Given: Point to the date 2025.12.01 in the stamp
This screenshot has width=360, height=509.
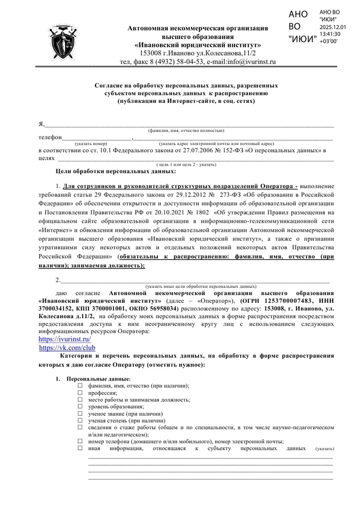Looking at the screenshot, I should (333, 27).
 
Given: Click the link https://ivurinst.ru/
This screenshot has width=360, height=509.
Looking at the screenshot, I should (65, 340).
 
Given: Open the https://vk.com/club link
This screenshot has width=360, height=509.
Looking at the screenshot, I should (67, 348).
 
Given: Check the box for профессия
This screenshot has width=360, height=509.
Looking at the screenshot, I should (80, 392).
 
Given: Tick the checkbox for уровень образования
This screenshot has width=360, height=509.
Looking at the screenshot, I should (80, 406).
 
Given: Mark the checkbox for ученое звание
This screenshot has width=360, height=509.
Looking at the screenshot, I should (80, 413).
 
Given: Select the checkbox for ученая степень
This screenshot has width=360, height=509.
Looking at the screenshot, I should (80, 420).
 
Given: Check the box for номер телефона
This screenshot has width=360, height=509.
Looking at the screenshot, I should (80, 441).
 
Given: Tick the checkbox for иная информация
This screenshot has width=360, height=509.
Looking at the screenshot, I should (80, 448).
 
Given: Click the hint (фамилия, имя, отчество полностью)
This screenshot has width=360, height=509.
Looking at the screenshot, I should (186, 131).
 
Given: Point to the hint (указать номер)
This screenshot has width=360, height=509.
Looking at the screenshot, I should (91, 143).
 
